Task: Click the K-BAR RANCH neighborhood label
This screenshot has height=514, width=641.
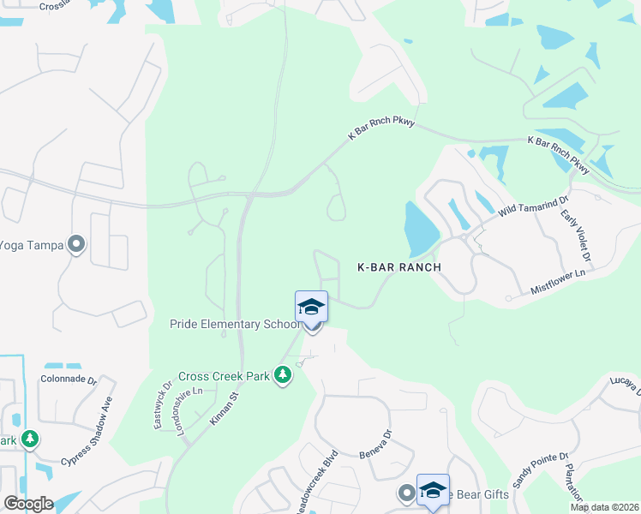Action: [x=398, y=267]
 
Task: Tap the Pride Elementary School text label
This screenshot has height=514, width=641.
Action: [x=234, y=325]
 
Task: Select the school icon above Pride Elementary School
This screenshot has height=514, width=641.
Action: [x=311, y=307]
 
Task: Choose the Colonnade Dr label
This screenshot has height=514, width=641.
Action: [x=68, y=378]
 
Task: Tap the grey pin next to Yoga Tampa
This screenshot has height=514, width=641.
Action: [x=76, y=245]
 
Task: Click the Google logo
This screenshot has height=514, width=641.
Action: [x=27, y=504]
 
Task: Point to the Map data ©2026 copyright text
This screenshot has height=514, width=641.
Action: [x=604, y=507]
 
